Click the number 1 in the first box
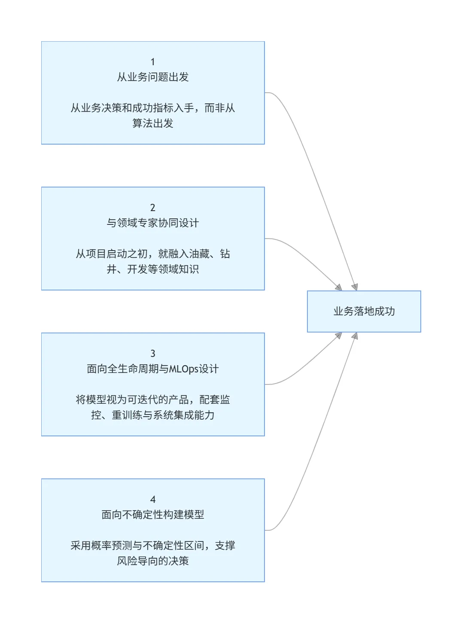pyautogui.click(x=152, y=62)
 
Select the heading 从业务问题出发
pyautogui.click(x=153, y=77)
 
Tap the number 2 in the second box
pyautogui.click(x=152, y=208)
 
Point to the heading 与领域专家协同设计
pyautogui.click(x=153, y=223)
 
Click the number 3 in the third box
pyautogui.click(x=152, y=354)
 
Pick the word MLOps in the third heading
pyautogui.click(x=184, y=369)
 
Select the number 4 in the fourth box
pyautogui.click(x=152, y=499)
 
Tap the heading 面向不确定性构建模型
pyautogui.click(x=153, y=515)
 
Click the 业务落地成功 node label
pyautogui.click(x=364, y=311)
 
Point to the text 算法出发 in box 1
pyautogui.click(x=153, y=124)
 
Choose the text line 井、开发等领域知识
pyautogui.click(x=153, y=269)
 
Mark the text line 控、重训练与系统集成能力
pyautogui.click(x=153, y=415)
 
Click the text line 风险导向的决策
pyautogui.click(x=153, y=561)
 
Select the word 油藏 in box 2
pyautogui.click(x=199, y=254)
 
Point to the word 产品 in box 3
pyautogui.click(x=179, y=400)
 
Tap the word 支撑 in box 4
pyautogui.click(x=225, y=546)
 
